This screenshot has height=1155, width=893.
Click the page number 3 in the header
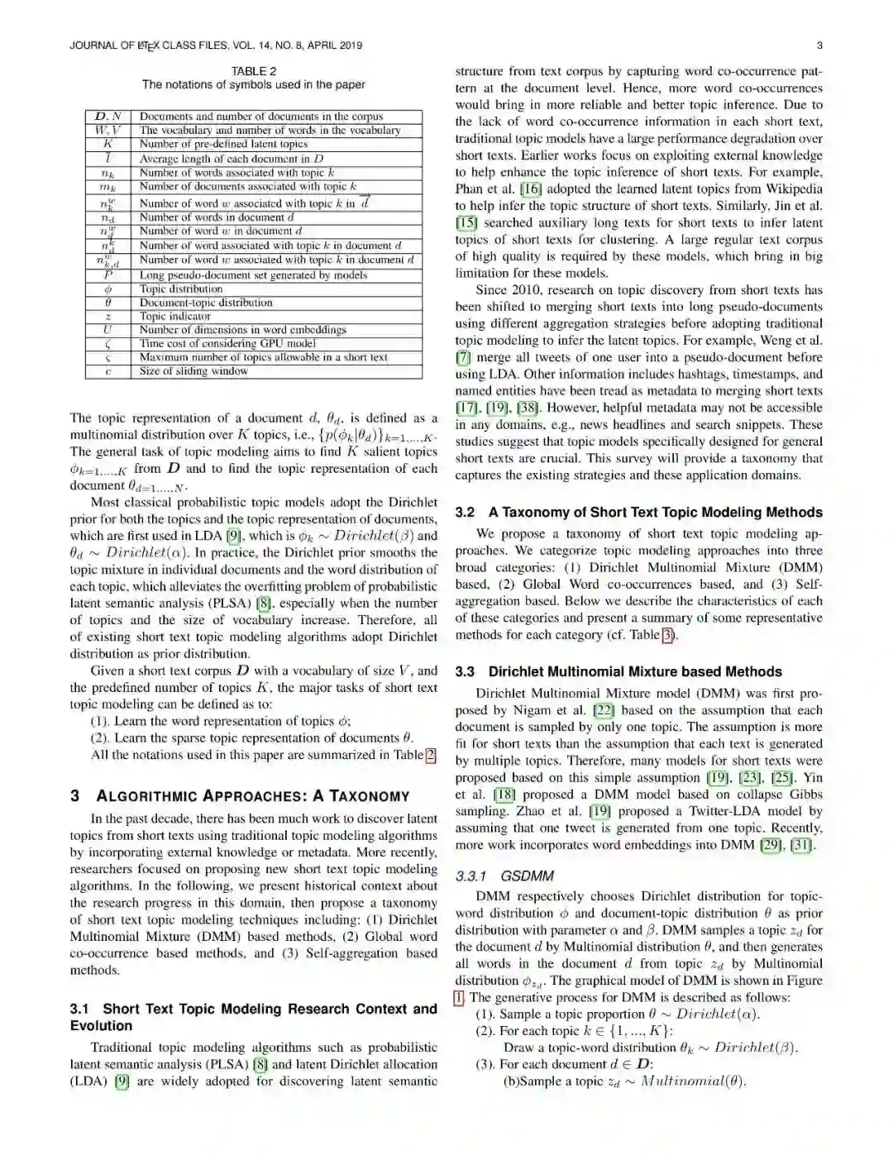(819, 45)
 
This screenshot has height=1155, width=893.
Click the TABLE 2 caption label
(254, 71)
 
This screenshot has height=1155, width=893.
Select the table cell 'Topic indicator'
(175, 316)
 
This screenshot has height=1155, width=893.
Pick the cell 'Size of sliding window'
(193, 371)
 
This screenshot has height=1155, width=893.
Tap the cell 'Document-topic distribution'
(206, 303)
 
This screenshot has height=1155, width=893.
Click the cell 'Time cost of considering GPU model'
(227, 343)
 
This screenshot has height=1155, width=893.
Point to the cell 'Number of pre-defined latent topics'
(223, 144)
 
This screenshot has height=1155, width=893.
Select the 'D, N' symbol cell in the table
(108, 117)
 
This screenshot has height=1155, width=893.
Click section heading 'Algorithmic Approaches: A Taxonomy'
(252, 796)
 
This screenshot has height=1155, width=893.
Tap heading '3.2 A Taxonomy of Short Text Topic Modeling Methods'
(638, 513)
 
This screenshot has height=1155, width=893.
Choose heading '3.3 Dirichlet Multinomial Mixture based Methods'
(618, 672)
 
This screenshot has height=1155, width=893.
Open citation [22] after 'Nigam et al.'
(604, 710)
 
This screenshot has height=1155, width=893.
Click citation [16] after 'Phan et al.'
(531, 189)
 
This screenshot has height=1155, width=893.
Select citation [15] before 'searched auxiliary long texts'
(466, 222)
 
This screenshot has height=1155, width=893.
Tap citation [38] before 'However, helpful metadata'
(528, 408)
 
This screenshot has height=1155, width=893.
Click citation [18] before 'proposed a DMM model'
(504, 795)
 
